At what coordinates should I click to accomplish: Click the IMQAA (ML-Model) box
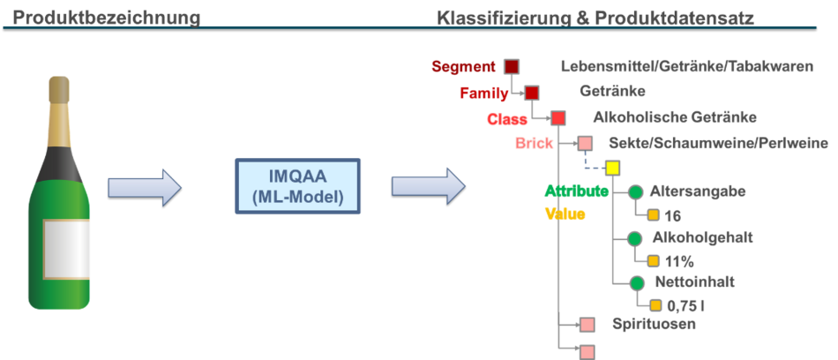pyautogui.click(x=297, y=185)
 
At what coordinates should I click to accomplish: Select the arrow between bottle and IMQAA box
pyautogui.click(x=146, y=187)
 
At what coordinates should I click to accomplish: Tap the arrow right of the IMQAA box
pyautogui.click(x=429, y=187)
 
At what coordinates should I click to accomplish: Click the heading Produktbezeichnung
pyautogui.click(x=107, y=18)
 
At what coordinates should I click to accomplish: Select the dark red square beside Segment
pyautogui.click(x=512, y=67)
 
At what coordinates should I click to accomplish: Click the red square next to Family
pyautogui.click(x=531, y=93)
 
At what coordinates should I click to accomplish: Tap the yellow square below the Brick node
pyautogui.click(x=612, y=169)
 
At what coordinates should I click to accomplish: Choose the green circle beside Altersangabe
pyautogui.click(x=635, y=192)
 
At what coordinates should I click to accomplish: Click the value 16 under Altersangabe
pyautogui.click(x=673, y=216)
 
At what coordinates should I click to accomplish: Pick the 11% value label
pyautogui.click(x=679, y=261)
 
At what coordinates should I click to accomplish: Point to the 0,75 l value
pyautogui.click(x=685, y=306)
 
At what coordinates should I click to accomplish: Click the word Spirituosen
pyautogui.click(x=654, y=324)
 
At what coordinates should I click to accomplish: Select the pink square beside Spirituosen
pyautogui.click(x=587, y=325)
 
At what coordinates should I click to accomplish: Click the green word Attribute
pyautogui.click(x=577, y=191)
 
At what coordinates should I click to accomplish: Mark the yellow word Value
pyautogui.click(x=565, y=214)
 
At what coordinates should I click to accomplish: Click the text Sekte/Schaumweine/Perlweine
pyautogui.click(x=718, y=143)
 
